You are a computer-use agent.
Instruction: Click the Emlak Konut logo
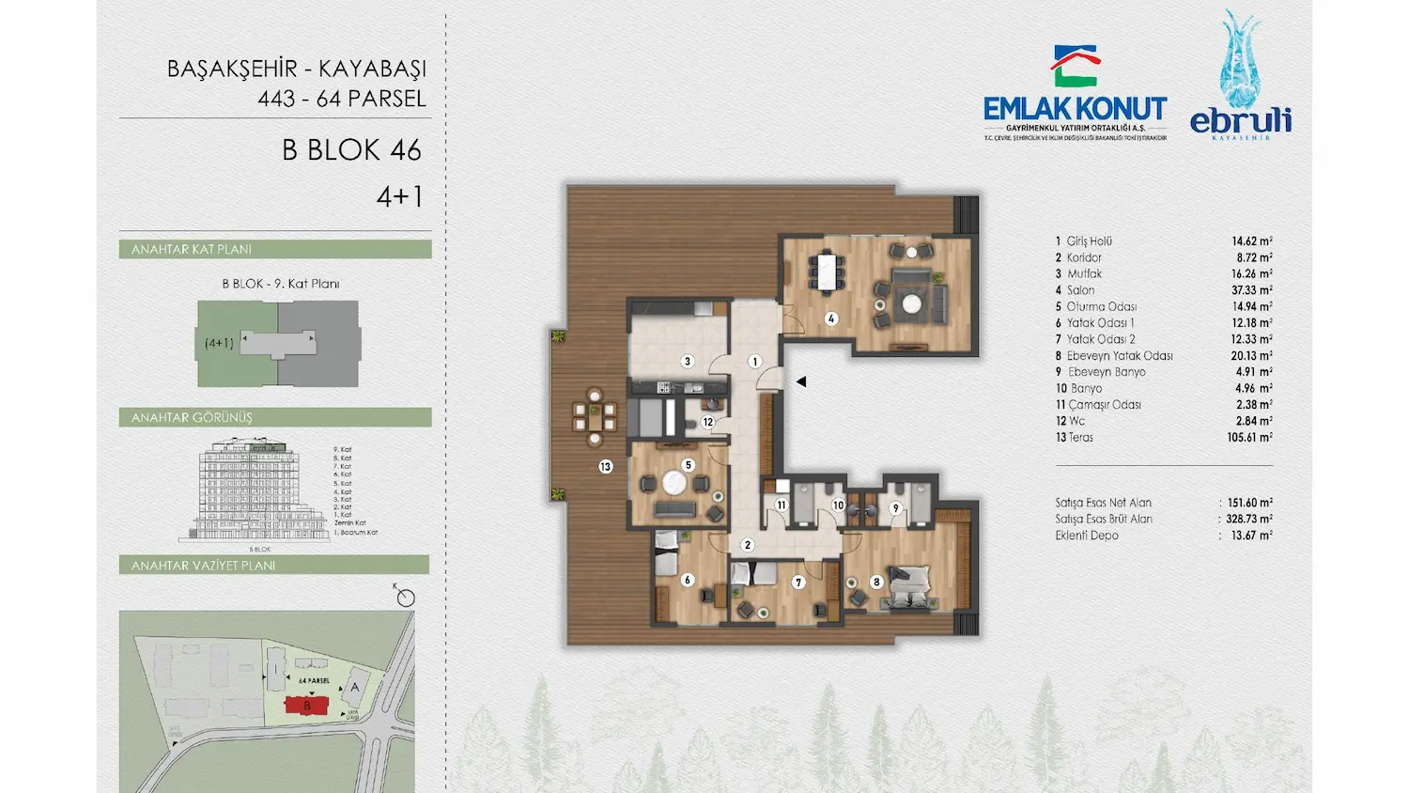click(1076, 94)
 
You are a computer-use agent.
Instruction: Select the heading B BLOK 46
click(351, 150)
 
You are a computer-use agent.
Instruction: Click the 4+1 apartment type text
click(399, 196)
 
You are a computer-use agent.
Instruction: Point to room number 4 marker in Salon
click(831, 319)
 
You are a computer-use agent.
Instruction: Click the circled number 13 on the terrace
click(606, 466)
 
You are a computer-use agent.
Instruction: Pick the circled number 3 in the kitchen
click(688, 361)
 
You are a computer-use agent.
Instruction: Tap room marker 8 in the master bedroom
click(876, 582)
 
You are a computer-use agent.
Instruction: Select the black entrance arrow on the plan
click(801, 381)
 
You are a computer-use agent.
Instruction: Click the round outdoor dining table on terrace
click(595, 416)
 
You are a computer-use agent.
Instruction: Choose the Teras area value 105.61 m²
click(1251, 438)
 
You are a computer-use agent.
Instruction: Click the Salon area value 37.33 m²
click(1251, 290)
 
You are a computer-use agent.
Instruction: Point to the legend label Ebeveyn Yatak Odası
click(1120, 356)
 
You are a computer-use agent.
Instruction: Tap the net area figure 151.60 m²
click(1249, 503)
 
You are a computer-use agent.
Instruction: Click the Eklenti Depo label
click(1087, 536)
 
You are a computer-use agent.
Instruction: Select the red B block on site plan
click(307, 706)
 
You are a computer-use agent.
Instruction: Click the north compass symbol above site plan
click(406, 598)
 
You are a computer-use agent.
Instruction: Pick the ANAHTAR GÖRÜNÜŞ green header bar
click(275, 417)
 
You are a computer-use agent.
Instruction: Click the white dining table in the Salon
click(826, 272)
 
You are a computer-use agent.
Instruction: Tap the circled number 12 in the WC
click(707, 422)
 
